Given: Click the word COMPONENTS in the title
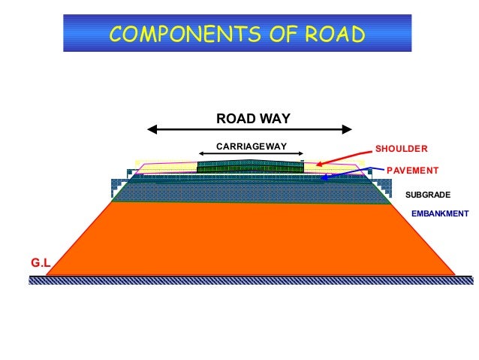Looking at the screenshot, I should [179, 34].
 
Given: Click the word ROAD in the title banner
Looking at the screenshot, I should [329, 34].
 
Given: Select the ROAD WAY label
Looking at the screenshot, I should [252, 118].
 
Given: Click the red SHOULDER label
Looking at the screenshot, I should [401, 148].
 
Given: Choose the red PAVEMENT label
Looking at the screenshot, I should [412, 171].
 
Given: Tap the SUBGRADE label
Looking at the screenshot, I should [427, 195].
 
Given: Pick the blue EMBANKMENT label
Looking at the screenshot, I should [440, 214].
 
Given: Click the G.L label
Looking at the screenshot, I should [39, 263].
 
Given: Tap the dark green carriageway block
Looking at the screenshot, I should [250, 167].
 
